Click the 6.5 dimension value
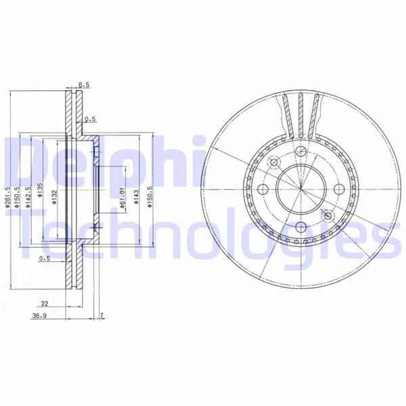(84, 85)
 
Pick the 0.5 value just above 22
(45, 258)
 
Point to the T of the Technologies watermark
(24, 230)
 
